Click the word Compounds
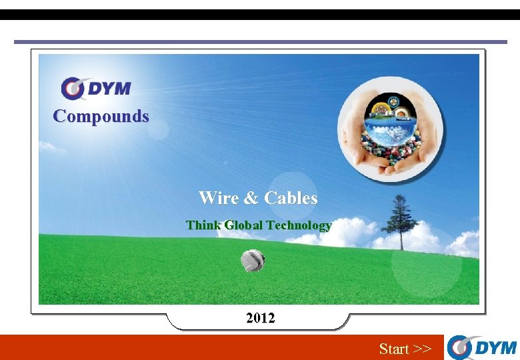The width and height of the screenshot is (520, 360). (x=101, y=116)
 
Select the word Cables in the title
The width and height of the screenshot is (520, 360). (x=291, y=198)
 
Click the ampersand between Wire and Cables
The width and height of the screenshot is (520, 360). (x=250, y=198)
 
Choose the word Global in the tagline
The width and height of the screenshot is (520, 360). (x=243, y=225)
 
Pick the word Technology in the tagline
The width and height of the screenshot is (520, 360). (x=298, y=225)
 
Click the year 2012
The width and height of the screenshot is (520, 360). (x=260, y=319)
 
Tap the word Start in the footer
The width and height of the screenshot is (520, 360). (x=394, y=349)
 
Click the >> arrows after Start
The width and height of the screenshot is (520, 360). (x=422, y=349)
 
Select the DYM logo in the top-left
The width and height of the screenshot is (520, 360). (x=96, y=89)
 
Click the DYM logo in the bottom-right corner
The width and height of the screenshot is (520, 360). (x=481, y=347)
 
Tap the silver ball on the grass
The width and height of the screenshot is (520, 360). (x=253, y=260)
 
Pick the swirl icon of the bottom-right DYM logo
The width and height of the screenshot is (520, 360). (x=460, y=347)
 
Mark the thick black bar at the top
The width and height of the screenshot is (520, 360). (x=260, y=15)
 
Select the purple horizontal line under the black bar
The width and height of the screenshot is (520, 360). (x=260, y=42)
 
